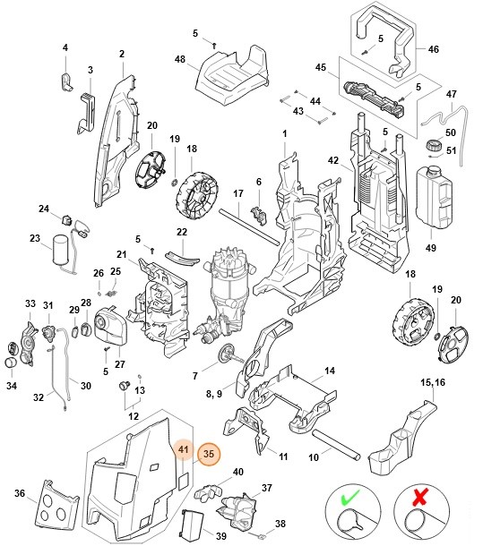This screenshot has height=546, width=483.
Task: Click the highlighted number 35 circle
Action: (x=208, y=454)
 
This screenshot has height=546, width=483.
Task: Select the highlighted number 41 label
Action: (x=182, y=449)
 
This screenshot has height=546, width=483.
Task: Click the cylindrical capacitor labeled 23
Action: (x=64, y=248)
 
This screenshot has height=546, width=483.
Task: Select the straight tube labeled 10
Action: (x=339, y=445)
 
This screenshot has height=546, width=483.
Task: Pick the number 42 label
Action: (x=332, y=162)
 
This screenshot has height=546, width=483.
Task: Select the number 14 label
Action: (x=330, y=371)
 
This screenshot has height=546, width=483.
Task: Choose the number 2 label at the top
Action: (x=122, y=54)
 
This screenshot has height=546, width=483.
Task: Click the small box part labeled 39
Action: (x=191, y=525)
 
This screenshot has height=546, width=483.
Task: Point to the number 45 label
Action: (x=319, y=68)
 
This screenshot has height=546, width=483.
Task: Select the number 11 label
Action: (x=282, y=456)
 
